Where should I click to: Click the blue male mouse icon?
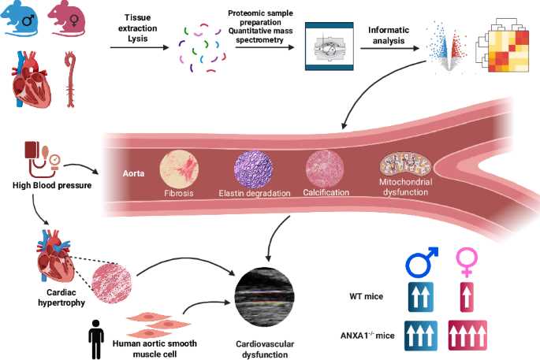pos(19,18)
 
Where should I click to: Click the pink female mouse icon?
pos(67,18)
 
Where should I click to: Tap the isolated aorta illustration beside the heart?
pos(70,79)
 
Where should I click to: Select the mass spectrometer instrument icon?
pos(330,46)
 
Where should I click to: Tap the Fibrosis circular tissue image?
pos(179,170)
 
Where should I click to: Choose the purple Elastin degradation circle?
pos(253,169)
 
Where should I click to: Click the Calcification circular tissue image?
pos(325,169)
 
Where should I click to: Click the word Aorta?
pos(134,173)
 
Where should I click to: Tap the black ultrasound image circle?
pos(265,297)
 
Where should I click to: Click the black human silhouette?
pos(96,340)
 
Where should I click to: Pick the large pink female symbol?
pos(467,262)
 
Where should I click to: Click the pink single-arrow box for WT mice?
pos(467,297)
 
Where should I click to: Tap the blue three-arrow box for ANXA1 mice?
pos(420,336)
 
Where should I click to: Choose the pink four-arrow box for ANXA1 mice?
pos(467,336)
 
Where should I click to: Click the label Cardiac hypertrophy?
pos(61,298)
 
